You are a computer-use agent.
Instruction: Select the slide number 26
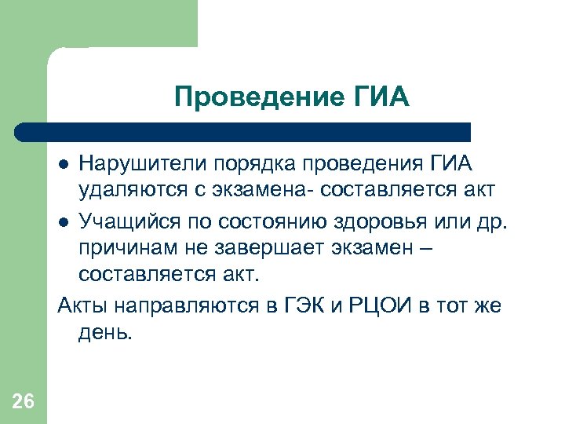click(x=24, y=402)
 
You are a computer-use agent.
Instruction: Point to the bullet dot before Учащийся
click(x=65, y=220)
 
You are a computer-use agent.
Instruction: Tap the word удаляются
click(x=126, y=191)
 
